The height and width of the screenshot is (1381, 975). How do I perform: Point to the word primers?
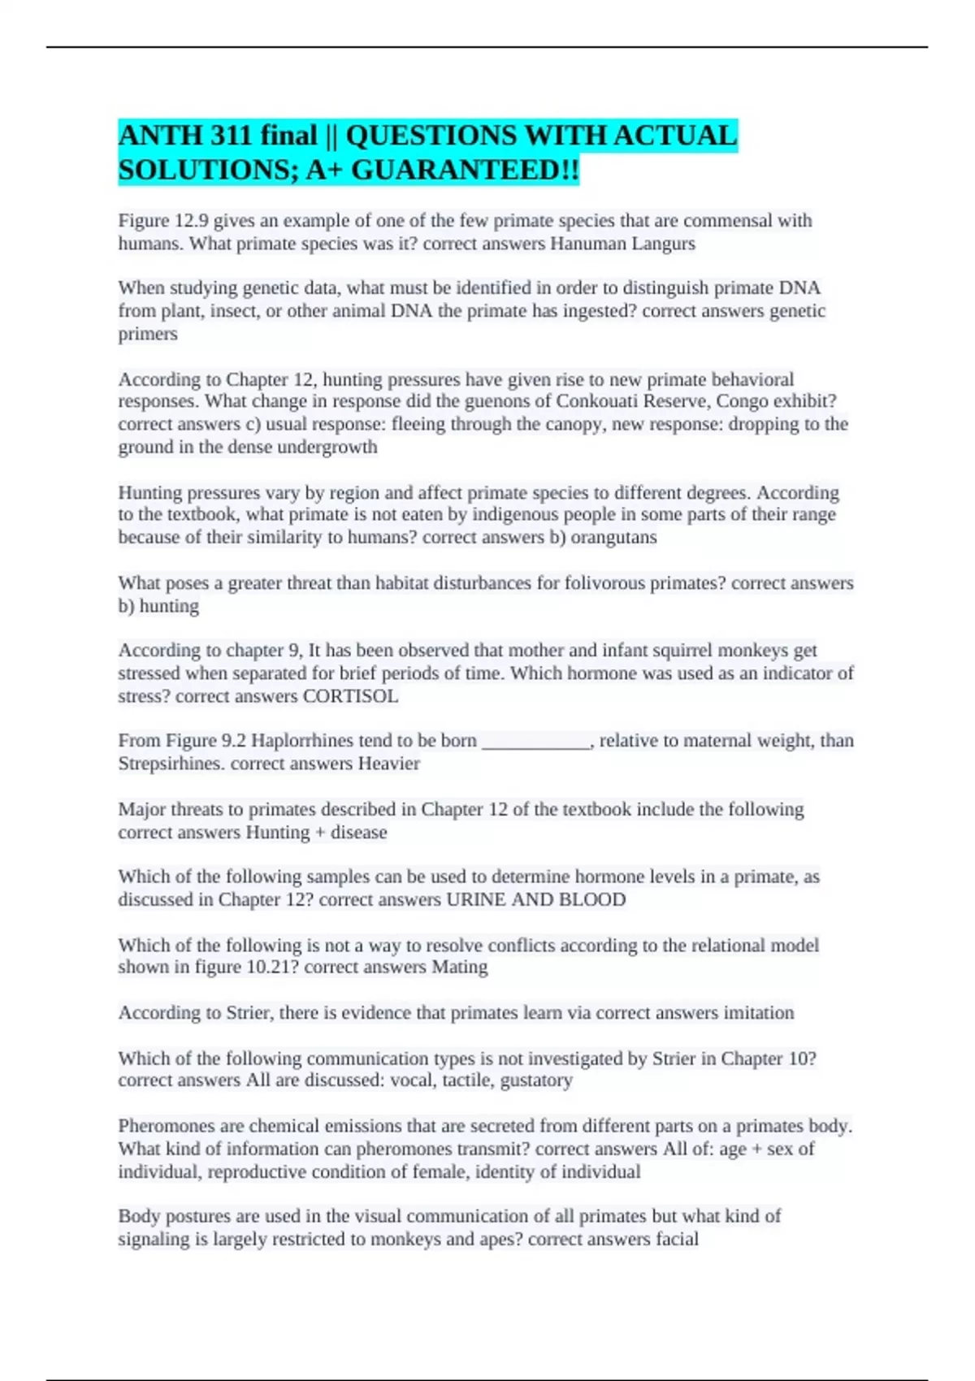[x=148, y=334]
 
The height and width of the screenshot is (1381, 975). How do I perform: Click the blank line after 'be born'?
[x=535, y=741]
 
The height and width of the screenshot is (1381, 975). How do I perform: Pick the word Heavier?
[x=388, y=764]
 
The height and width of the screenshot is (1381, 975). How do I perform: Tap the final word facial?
[x=677, y=1239]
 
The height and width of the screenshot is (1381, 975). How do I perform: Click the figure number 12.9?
[x=189, y=221]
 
